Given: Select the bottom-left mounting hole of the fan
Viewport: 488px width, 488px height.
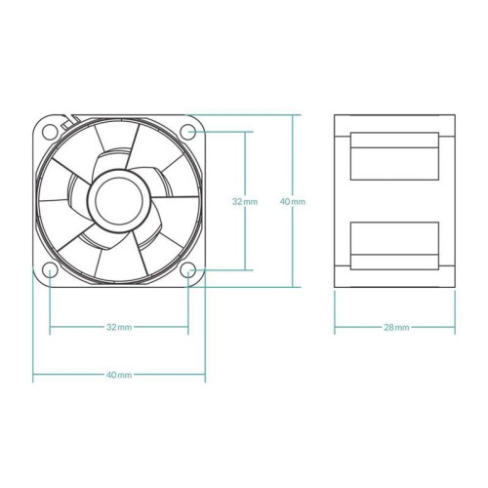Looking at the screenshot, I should (x=50, y=268).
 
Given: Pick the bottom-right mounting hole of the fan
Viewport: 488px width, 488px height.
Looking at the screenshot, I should (x=189, y=268).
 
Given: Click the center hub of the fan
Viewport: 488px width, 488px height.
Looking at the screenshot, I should (x=119, y=199).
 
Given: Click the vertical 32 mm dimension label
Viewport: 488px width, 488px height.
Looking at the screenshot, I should (x=245, y=201).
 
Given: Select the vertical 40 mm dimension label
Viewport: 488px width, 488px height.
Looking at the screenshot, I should (x=292, y=201).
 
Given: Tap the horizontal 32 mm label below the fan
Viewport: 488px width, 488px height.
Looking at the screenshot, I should (x=119, y=327).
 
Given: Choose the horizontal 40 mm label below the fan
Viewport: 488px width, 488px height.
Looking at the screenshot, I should (x=119, y=375).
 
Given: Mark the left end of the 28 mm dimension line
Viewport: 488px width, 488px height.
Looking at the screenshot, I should (x=335, y=327).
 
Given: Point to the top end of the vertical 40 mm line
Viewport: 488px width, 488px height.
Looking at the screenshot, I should (x=292, y=114).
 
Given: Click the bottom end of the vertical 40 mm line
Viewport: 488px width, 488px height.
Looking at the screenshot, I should (x=292, y=287).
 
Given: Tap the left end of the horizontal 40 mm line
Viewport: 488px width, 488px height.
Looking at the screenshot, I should (x=33, y=375).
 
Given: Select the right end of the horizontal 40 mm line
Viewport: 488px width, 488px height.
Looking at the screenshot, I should (x=205, y=375).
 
